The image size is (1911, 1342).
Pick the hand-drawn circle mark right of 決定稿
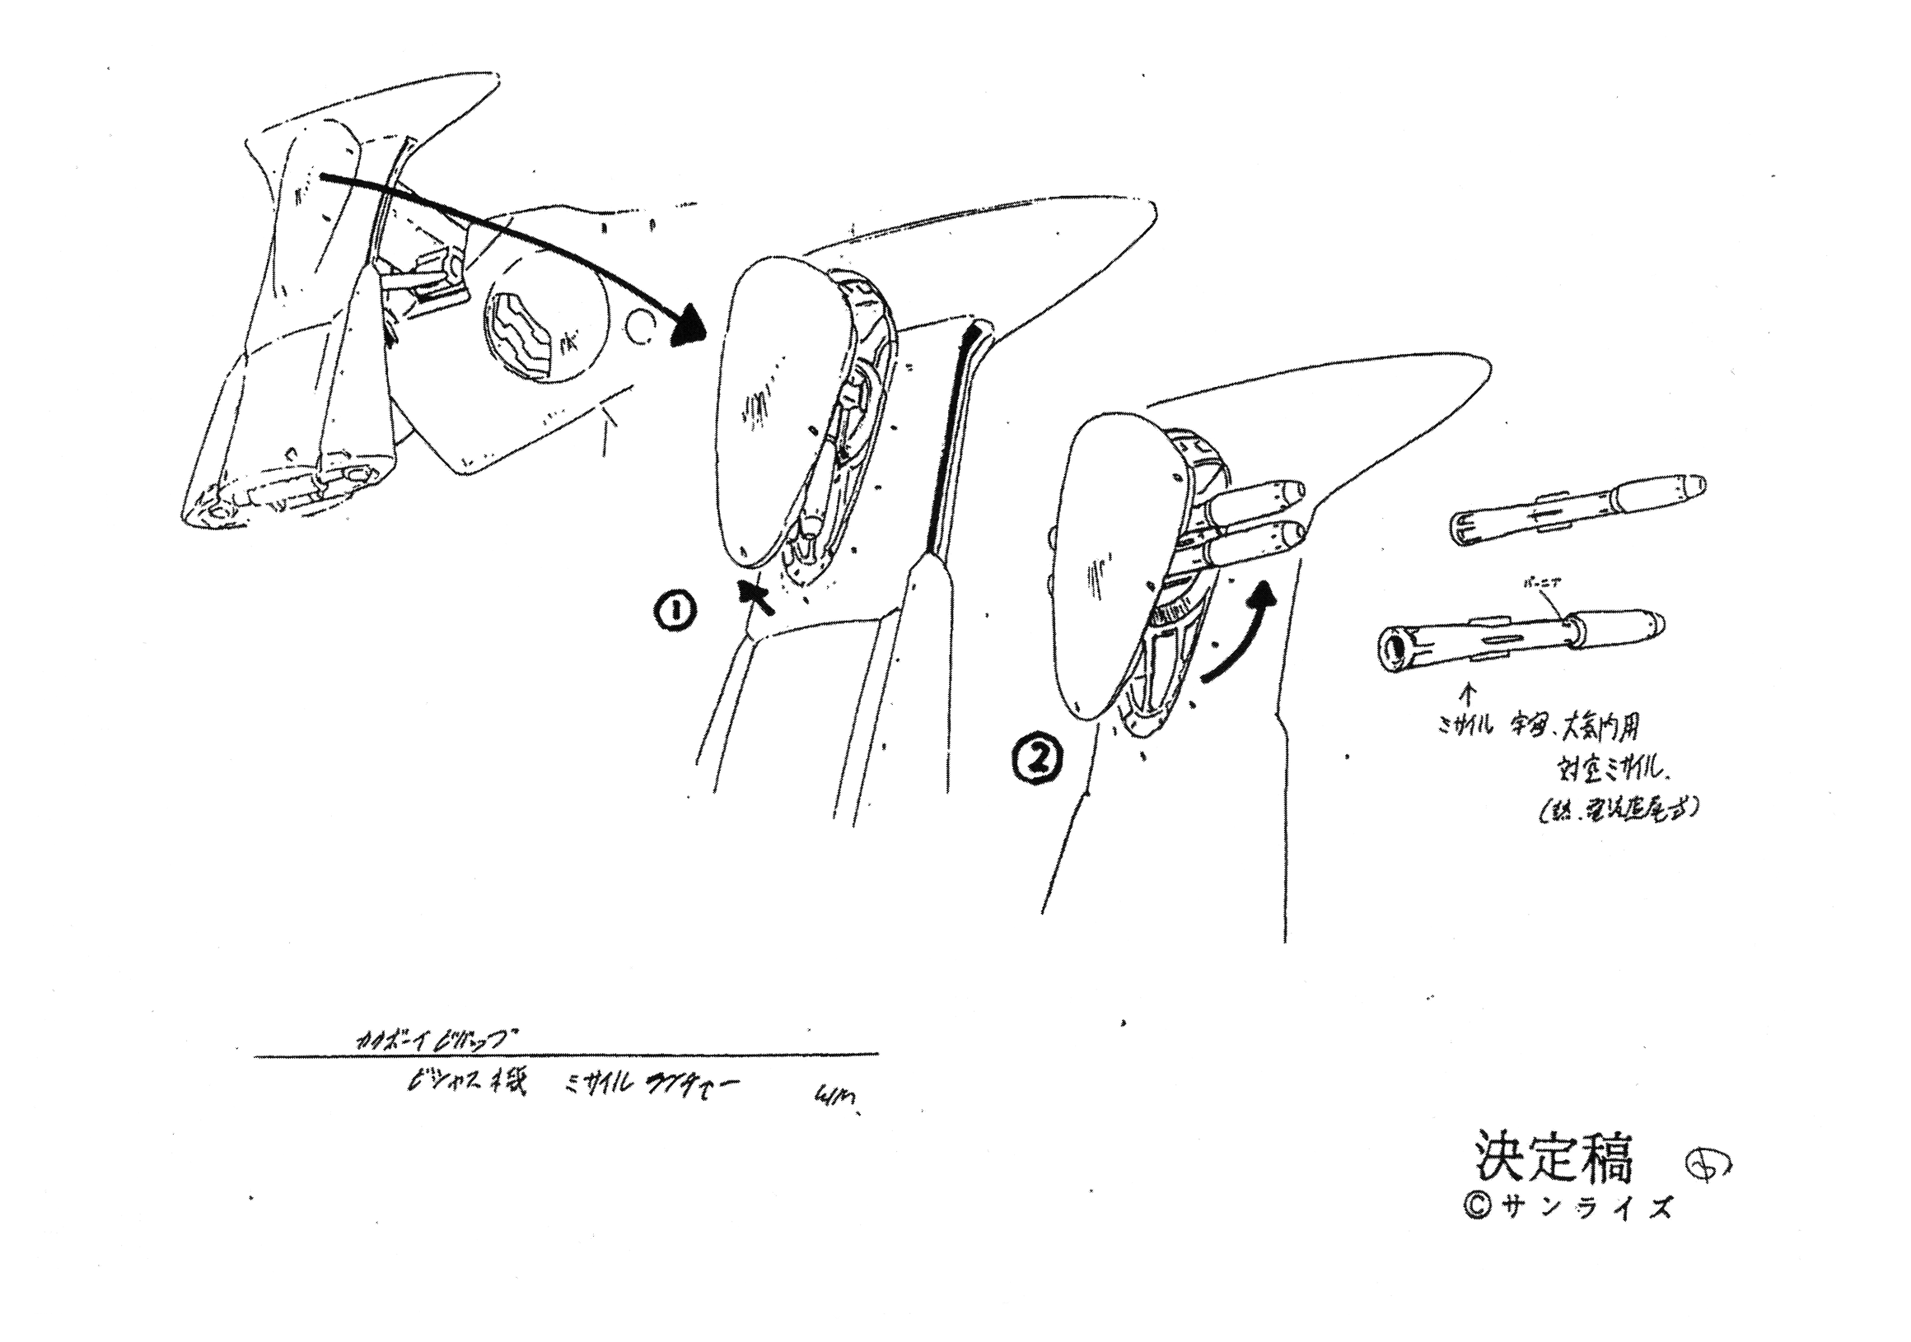pos(1705,1166)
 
